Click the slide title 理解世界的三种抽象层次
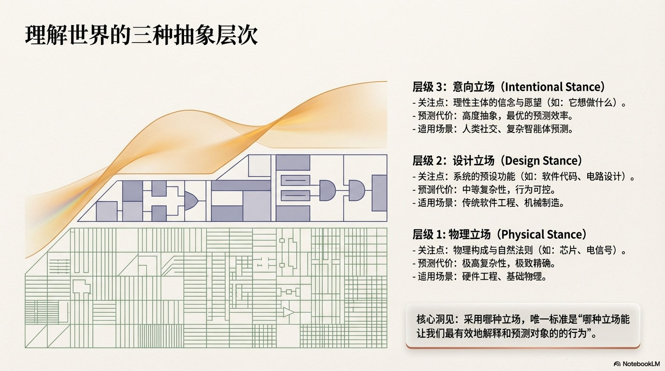pos(141,35)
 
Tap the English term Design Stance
pos(542,161)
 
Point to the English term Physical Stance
pos(544,235)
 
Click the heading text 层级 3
pos(427,87)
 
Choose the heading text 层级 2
pos(427,161)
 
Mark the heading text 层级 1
pos(427,235)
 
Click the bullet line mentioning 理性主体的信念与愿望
pos(520,103)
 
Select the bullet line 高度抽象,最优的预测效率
pos(493,116)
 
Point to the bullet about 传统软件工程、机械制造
pos(489,203)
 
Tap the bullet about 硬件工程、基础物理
pos(480,277)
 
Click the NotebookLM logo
pos(636,364)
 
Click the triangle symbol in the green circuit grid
pos(289,312)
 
